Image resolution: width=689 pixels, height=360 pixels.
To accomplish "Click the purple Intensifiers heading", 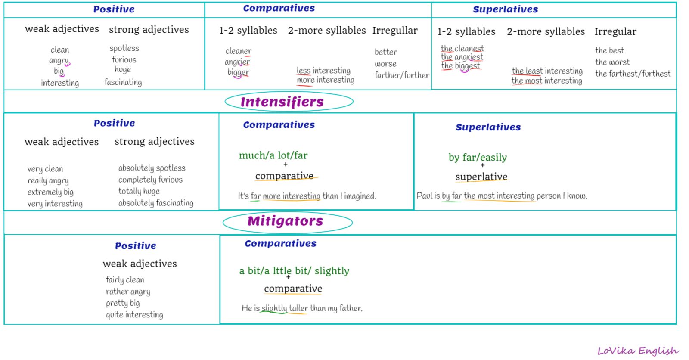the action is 282,102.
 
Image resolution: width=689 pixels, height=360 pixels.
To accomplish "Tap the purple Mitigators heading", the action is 285,221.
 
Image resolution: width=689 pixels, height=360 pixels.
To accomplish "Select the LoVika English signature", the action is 638,351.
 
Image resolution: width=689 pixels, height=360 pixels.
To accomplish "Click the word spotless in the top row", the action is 124,48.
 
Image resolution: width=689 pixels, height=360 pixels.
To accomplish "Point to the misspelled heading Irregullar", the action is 395,31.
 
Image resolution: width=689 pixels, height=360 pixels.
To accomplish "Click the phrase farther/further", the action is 402,75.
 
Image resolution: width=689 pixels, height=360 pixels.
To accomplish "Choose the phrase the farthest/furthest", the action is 633,74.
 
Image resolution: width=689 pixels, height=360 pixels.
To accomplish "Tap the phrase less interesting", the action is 323,71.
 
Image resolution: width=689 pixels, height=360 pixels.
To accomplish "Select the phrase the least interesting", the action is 547,71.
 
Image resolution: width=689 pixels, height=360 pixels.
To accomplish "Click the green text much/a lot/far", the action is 273,155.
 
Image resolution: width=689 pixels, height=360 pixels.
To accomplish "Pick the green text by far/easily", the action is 478,158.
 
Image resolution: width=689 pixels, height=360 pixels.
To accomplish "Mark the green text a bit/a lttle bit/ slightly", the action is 295,271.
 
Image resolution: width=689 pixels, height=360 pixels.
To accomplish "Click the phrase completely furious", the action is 150,180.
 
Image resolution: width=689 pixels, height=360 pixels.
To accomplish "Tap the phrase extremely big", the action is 50,192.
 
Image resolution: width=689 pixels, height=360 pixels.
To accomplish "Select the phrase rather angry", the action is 128,292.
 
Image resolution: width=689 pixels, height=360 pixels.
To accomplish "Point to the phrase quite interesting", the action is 134,315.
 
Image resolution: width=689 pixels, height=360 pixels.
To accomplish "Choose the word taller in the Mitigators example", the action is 298,308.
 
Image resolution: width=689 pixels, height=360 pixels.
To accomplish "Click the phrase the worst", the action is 612,62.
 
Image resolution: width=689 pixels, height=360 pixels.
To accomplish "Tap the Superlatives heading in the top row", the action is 506,9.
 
